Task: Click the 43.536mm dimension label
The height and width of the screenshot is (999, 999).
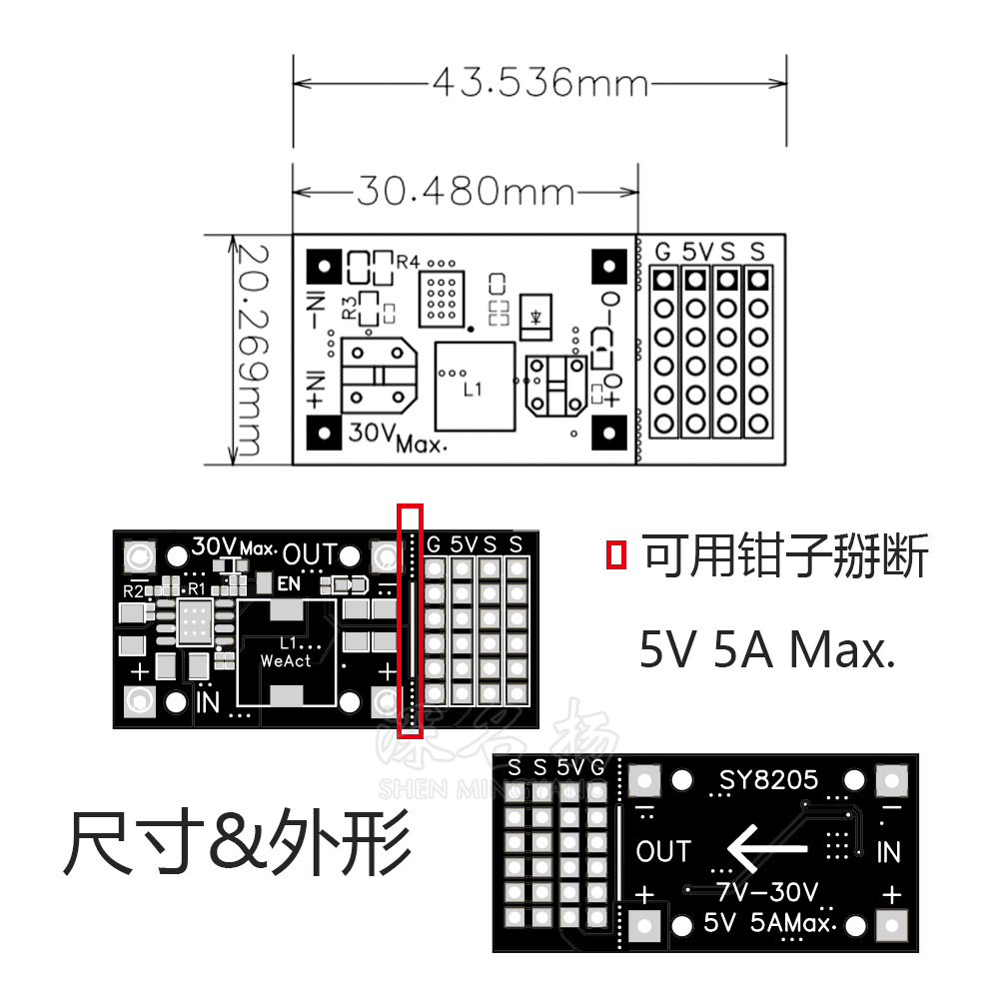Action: [x=540, y=82]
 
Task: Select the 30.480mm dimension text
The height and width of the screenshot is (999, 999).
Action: [x=466, y=190]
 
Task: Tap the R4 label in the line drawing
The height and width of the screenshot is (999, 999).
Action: [x=408, y=262]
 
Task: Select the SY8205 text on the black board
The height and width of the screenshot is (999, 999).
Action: [x=768, y=779]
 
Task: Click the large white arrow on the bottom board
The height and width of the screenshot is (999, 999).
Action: [x=767, y=849]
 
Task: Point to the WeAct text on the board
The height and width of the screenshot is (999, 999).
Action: [x=286, y=660]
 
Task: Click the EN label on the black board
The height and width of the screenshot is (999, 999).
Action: [x=289, y=582]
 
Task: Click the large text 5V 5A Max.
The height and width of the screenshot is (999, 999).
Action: [x=765, y=651]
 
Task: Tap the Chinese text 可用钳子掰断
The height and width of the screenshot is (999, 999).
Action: [x=785, y=555]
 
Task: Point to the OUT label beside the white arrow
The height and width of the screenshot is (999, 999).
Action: [x=663, y=852]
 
